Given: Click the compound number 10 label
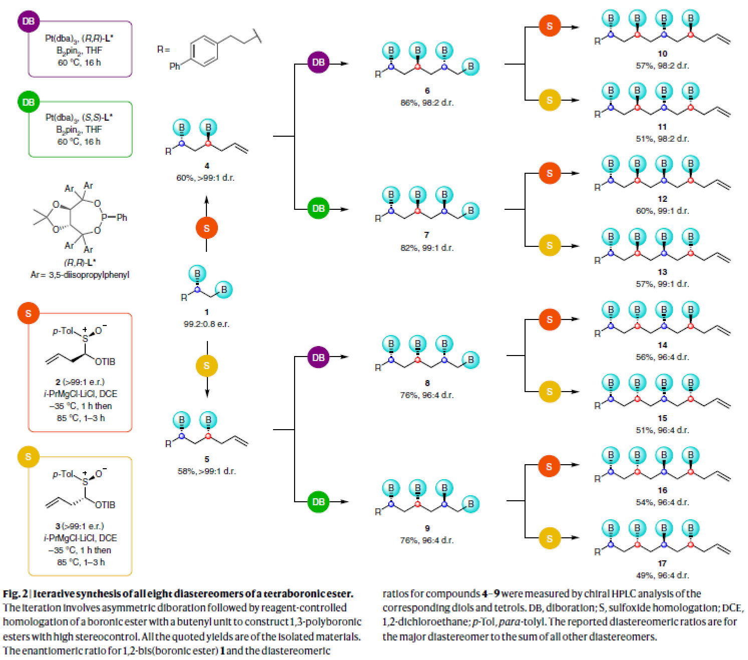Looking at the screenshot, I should coord(662,54).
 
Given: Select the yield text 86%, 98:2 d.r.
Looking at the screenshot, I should coord(427,103).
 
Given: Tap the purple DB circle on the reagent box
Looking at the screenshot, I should coord(29,22).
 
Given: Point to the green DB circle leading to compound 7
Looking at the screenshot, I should coord(318,208).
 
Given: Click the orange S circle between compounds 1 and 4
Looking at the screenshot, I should coord(206,228).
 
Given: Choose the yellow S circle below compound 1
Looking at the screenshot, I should coord(206,366).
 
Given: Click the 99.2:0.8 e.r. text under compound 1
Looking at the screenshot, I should coord(206,324).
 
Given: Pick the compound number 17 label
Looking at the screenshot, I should coord(662,563).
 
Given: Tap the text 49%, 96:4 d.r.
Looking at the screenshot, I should coord(662,575).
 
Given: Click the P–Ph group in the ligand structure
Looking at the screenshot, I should coord(115,217).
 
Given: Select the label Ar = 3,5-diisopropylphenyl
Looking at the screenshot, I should coord(80,275).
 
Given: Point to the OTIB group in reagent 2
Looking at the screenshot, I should coord(105,362).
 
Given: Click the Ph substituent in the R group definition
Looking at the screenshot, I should coord(174,66).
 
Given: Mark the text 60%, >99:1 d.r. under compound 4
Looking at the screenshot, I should coord(205,178).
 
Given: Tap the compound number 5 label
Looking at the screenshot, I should coord(206,459).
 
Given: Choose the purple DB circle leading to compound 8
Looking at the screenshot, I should coord(318,358).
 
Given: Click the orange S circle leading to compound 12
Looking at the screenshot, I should coord(549,173).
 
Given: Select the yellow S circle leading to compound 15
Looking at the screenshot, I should coord(549,392).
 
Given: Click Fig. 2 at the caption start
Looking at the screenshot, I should coord(15,594).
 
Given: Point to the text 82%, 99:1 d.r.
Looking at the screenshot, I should coord(427,248).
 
